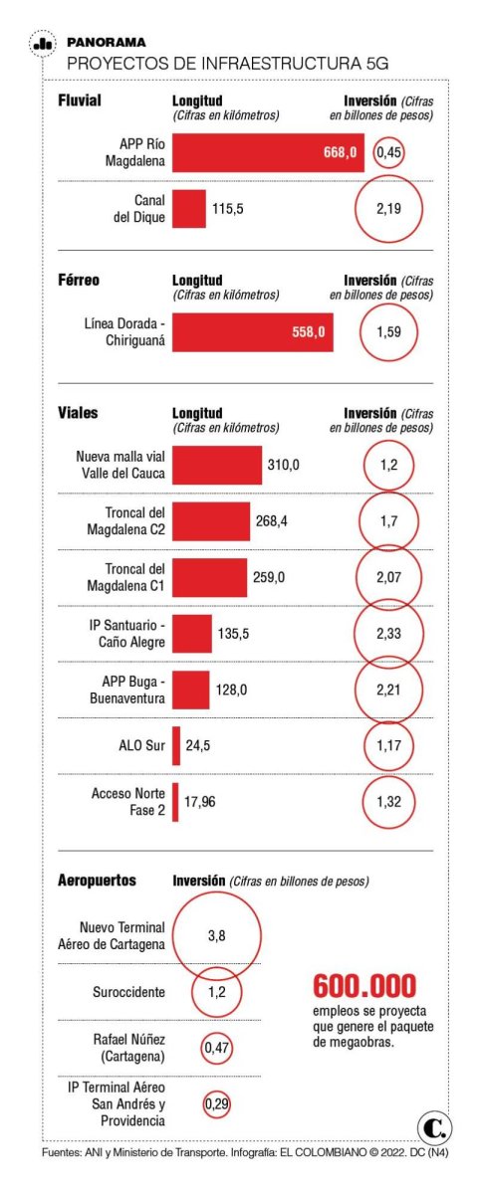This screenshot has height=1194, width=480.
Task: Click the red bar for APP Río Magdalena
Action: (x=268, y=152)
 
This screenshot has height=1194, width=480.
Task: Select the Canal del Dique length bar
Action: (x=189, y=208)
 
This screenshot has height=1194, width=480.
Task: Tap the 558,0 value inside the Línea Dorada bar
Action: (x=309, y=332)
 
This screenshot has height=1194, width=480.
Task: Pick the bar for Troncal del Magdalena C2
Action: (x=211, y=521)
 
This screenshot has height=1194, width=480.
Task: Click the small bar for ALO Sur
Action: (x=176, y=745)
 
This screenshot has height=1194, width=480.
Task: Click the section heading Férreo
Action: (x=79, y=280)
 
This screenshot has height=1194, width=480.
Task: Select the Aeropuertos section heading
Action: (x=97, y=880)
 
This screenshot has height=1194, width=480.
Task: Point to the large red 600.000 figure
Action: (x=364, y=986)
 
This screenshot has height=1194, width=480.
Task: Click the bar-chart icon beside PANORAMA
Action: (x=43, y=44)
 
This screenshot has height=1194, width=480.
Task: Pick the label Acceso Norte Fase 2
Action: (x=128, y=802)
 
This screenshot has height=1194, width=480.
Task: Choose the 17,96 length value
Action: (x=200, y=802)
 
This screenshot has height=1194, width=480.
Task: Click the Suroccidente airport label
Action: (x=128, y=992)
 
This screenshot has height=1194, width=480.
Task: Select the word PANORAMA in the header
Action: (x=107, y=42)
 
